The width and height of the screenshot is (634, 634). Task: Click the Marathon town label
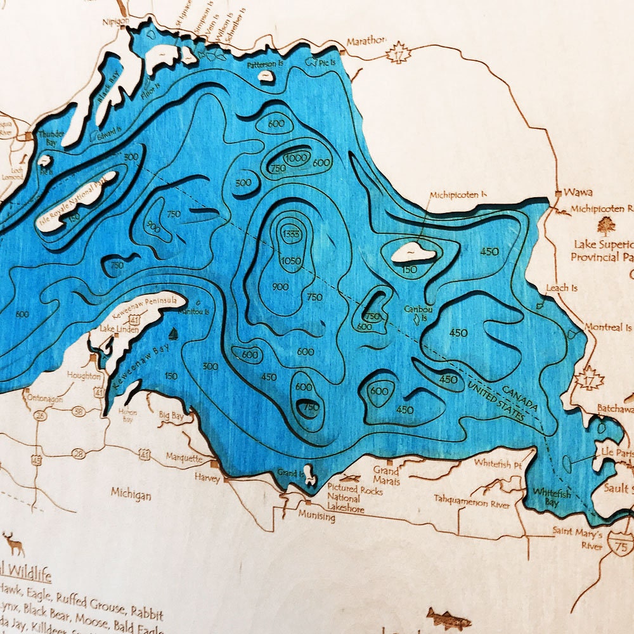point(366,41)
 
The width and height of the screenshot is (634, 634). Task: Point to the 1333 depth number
point(292,233)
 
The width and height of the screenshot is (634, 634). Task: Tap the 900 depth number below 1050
point(280,287)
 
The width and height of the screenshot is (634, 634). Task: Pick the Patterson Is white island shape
point(266,75)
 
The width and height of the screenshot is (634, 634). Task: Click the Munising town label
point(317,517)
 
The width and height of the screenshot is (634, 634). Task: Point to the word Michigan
point(131,493)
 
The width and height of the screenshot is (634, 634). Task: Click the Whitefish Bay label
point(547,496)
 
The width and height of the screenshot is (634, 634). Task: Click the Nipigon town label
point(115,21)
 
